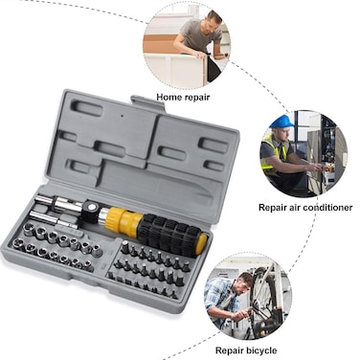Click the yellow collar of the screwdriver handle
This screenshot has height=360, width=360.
click(124, 220)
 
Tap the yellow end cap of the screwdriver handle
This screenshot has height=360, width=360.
click(202, 242)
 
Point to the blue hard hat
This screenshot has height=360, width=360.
click(281, 122)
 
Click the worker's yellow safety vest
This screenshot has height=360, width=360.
click(274, 152)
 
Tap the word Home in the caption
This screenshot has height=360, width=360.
click(169, 97)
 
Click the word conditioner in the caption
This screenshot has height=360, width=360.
click(327, 208)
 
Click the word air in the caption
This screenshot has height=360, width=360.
click(294, 208)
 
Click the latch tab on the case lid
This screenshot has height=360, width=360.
click(147, 103)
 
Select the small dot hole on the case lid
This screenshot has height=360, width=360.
click(122, 116)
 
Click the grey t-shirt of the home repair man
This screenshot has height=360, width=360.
click(198, 34)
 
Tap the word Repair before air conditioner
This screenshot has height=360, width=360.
click(271, 208)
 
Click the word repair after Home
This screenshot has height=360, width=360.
click(196, 97)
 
